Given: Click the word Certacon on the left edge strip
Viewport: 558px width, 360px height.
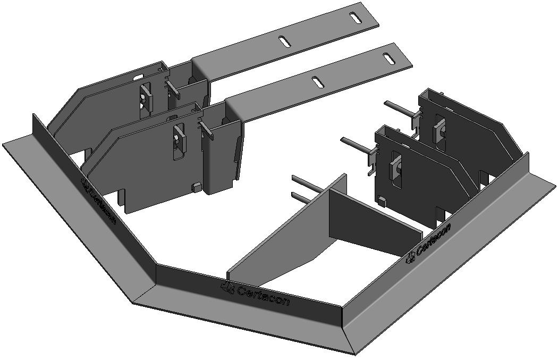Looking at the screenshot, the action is [103, 205].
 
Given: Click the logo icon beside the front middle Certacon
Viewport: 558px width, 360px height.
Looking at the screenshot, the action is [227, 287].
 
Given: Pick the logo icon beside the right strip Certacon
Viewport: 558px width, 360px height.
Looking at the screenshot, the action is [410, 257].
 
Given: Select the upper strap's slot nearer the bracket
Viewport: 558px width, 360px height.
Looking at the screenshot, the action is [285, 41].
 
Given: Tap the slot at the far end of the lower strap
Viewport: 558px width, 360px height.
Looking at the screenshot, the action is [388, 57].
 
